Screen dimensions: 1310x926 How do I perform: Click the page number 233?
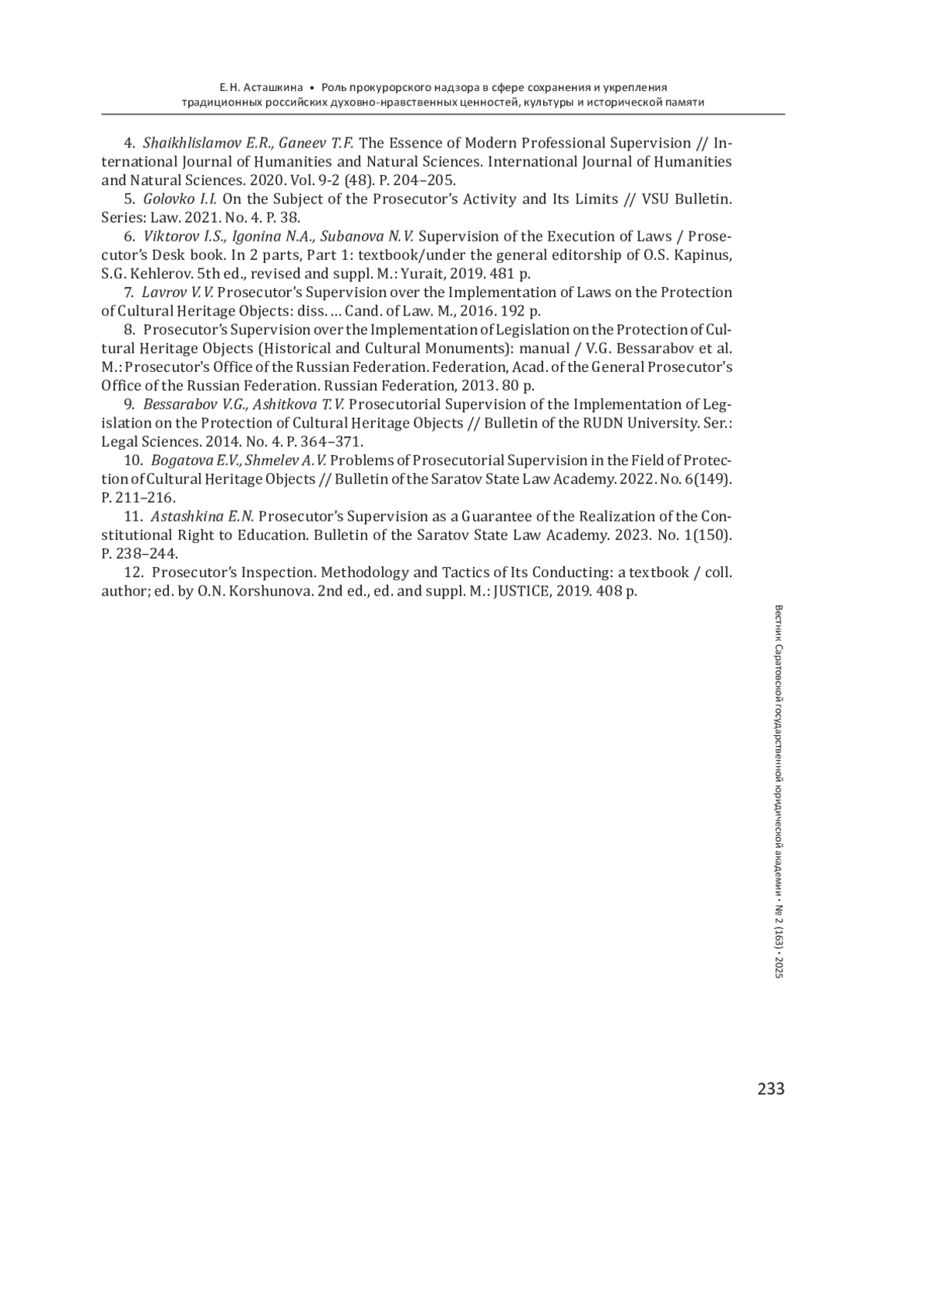click(x=770, y=1089)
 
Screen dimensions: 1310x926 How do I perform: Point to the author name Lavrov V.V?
click(x=177, y=292)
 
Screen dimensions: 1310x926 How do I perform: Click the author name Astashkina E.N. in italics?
click(x=202, y=516)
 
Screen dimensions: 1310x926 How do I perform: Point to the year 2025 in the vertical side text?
click(x=778, y=966)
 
